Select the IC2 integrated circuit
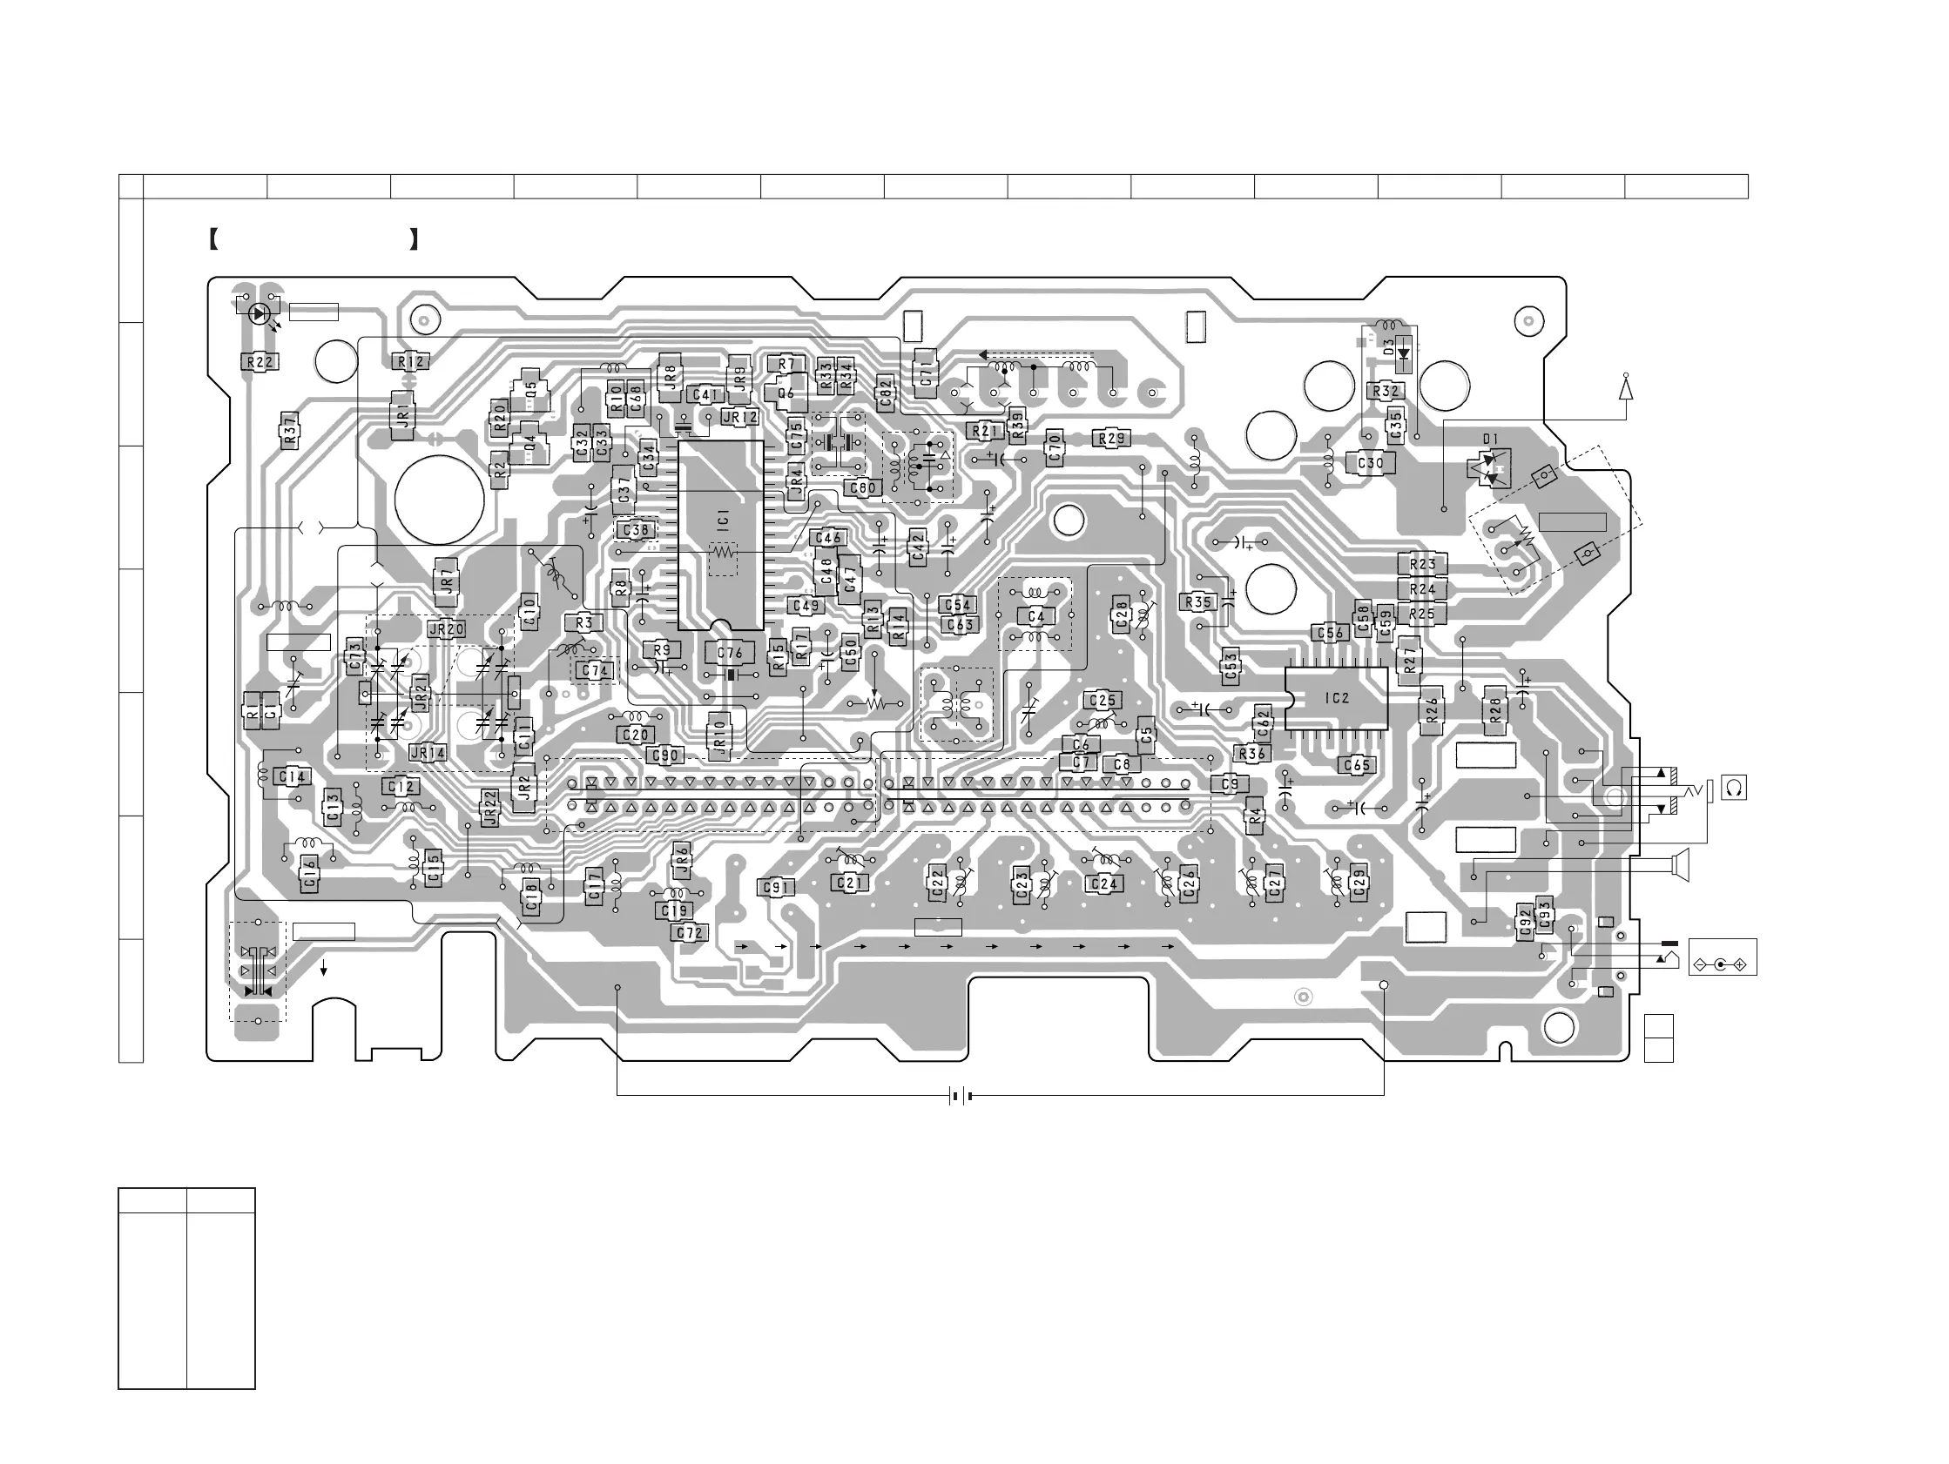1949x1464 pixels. [1336, 699]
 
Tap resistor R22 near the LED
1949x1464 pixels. [259, 361]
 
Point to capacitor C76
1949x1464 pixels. [731, 653]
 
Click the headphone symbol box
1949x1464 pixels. [1734, 788]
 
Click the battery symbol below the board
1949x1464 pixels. [961, 1097]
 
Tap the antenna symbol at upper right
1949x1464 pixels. [1626, 388]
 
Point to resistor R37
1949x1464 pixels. [290, 431]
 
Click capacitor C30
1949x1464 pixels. [1370, 463]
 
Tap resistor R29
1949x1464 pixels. [1112, 439]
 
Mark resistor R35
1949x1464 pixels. [1198, 602]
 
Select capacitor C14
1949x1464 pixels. [292, 777]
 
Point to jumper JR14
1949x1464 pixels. [428, 753]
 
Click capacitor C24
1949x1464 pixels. [1104, 883]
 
